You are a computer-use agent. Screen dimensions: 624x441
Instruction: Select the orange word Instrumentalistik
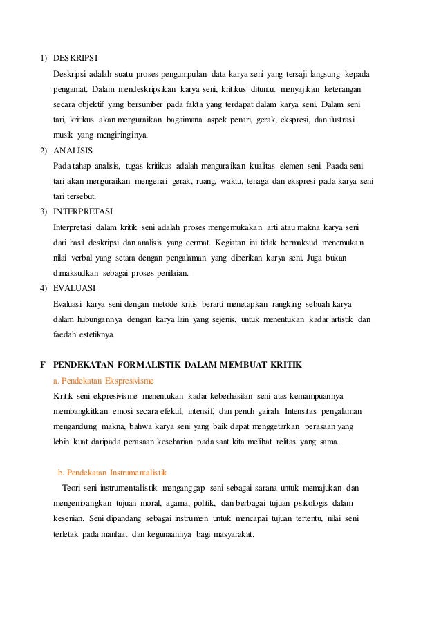[136, 473]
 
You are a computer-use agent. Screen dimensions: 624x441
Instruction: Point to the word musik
[64, 134]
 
